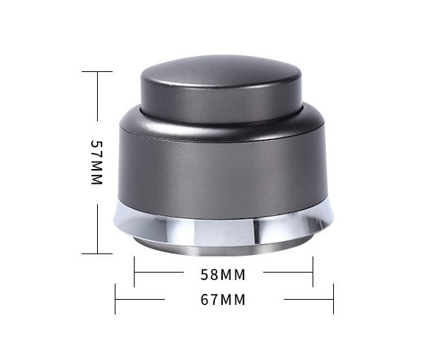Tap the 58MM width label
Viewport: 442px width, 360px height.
(222, 276)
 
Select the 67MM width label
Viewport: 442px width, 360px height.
(222, 300)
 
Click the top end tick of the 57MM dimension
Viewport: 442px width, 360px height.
(96, 71)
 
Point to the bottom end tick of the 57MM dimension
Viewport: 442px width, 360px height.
(96, 253)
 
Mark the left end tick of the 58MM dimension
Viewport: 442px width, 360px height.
(134, 272)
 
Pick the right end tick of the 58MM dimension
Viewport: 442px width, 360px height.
(313, 272)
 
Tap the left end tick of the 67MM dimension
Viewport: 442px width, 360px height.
(115, 299)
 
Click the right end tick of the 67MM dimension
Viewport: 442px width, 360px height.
(333, 299)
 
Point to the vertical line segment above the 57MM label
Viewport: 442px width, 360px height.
(96, 96)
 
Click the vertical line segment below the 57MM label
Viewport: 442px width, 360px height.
(96, 228)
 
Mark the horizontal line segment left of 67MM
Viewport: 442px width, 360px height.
(140, 299)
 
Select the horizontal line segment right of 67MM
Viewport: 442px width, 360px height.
(309, 299)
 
